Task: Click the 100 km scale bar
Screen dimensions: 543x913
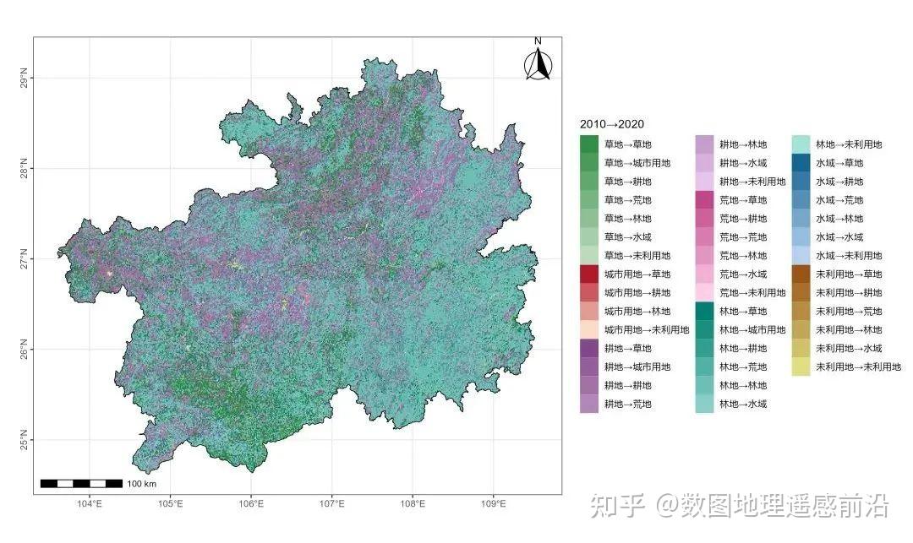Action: [x=82, y=483]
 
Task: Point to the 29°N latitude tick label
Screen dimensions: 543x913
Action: [x=23, y=79]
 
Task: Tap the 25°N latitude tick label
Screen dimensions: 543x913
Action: [x=23, y=440]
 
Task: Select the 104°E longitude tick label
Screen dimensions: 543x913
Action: [x=90, y=504]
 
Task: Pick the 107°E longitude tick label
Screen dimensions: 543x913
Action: [x=331, y=504]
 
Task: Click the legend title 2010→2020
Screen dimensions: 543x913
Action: [x=612, y=124]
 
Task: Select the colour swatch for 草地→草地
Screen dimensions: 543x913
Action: [x=589, y=144]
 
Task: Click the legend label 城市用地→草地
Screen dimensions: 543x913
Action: [x=637, y=274]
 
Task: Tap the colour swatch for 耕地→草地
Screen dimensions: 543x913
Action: [x=589, y=348]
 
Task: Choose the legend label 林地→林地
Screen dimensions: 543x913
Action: [x=743, y=385]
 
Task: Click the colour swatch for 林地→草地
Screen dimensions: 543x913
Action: [x=704, y=312]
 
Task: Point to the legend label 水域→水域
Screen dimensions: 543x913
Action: [x=839, y=237]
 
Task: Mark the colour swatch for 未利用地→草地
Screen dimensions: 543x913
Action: [x=801, y=274]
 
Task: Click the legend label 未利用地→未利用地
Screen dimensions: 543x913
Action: [x=858, y=367]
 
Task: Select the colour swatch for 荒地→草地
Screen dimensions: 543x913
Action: [x=704, y=200]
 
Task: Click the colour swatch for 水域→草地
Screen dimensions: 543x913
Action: [x=801, y=163]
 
